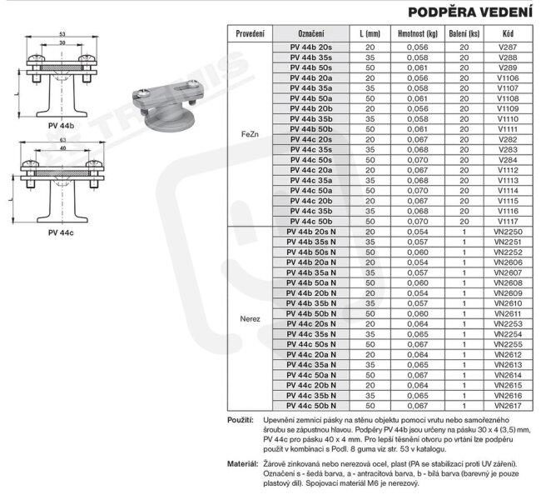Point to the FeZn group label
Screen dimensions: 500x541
pos(251,132)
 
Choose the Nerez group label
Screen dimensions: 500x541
pos(251,318)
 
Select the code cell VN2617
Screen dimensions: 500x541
pos(507,405)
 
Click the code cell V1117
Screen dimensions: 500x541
pos(507,221)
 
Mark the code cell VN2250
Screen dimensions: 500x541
pos(507,231)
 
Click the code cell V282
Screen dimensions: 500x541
pos(507,139)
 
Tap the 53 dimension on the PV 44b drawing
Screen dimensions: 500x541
pos(62,33)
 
